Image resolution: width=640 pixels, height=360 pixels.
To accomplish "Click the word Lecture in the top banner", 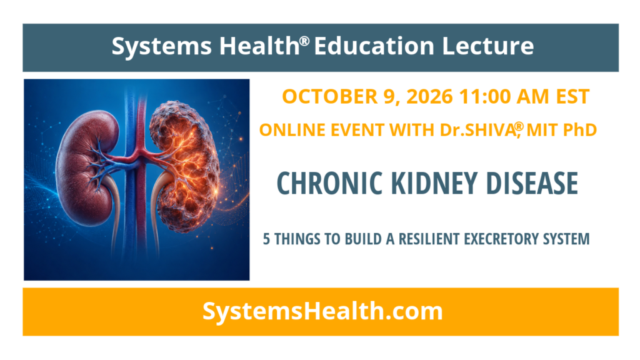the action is pos(487,46).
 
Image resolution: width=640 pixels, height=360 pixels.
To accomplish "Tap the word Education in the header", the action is pos(374,46).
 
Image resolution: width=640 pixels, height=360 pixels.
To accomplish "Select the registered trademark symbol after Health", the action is pos(304,41).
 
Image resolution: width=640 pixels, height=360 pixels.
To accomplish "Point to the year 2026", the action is pos(430,97).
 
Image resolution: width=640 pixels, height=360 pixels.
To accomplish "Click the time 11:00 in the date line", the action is pos(485,97).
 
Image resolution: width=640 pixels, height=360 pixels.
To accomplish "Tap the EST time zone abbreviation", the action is pos(572,97).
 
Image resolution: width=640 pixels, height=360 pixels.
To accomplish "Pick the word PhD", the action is pos(580,130).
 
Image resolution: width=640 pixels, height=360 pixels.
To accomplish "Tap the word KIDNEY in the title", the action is pos(435,183).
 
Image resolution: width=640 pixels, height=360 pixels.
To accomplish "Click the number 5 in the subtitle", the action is pos(266,239).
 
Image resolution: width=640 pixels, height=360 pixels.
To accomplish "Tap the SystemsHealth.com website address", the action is pos(322,311).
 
